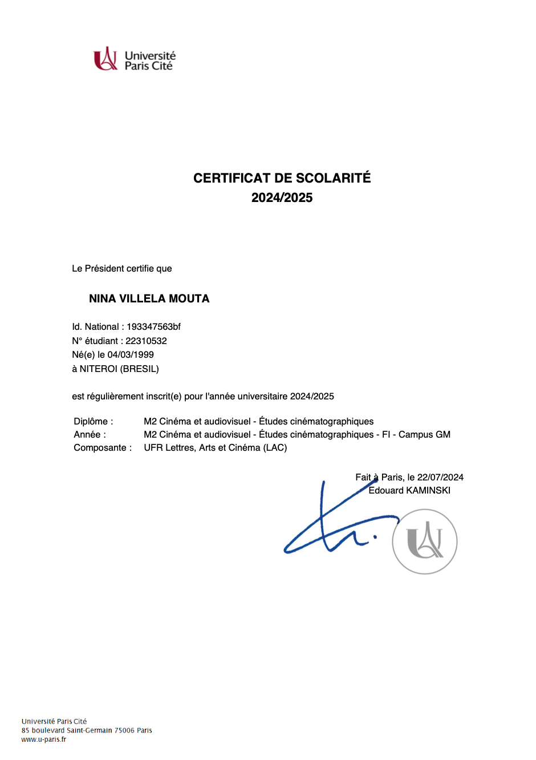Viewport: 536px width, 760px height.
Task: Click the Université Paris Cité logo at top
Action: (134, 59)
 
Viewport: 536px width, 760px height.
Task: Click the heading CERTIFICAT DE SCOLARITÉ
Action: (282, 178)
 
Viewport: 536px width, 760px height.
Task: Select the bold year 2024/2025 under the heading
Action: (282, 197)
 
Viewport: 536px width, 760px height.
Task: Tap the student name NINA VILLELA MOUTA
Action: (149, 298)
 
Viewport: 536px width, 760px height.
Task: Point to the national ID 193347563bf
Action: (153, 326)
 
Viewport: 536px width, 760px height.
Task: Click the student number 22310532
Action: (146, 341)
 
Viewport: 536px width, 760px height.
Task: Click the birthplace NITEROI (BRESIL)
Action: (119, 369)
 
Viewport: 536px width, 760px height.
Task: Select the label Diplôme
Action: (93, 421)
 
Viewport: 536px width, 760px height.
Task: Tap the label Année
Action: (90, 434)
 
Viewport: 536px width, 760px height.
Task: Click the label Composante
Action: (102, 447)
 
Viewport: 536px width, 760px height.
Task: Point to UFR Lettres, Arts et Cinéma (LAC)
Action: (215, 447)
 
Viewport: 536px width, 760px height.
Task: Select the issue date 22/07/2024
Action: (440, 477)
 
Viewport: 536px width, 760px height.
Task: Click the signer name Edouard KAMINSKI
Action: (409, 490)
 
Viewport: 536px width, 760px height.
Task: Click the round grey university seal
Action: (425, 541)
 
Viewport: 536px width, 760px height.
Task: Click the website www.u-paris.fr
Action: (43, 739)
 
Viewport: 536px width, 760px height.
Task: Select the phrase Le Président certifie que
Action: (121, 268)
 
